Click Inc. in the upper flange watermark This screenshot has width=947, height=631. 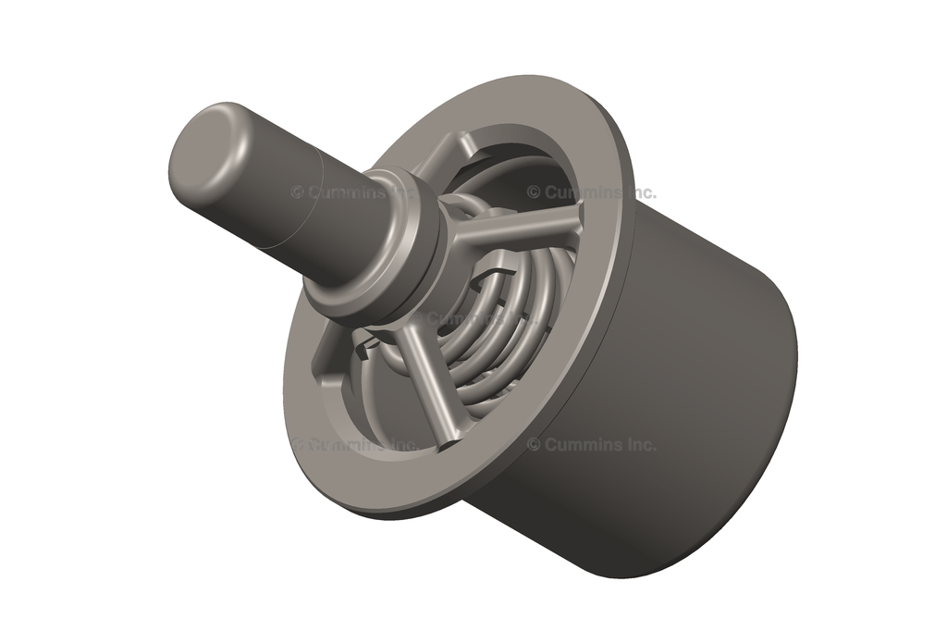coord(641,192)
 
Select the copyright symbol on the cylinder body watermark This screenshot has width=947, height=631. coord(534,444)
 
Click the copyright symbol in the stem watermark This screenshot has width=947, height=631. coord(297,192)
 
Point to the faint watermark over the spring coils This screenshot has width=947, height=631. coord(472,317)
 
